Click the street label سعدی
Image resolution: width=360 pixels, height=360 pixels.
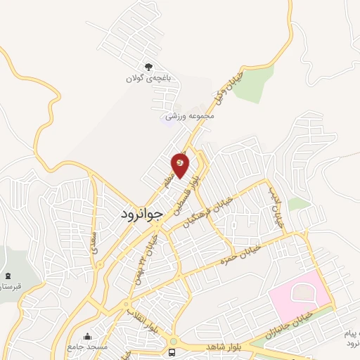coord(94,238)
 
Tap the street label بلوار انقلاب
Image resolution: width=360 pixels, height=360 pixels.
coord(141,320)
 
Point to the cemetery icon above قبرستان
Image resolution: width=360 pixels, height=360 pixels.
coord(8,276)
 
